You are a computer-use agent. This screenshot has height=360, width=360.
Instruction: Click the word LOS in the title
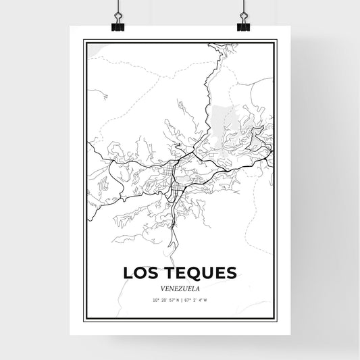tap(139, 272)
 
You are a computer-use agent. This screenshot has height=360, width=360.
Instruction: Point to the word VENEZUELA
tap(180, 286)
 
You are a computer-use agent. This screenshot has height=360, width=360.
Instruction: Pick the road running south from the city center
tap(174, 223)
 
